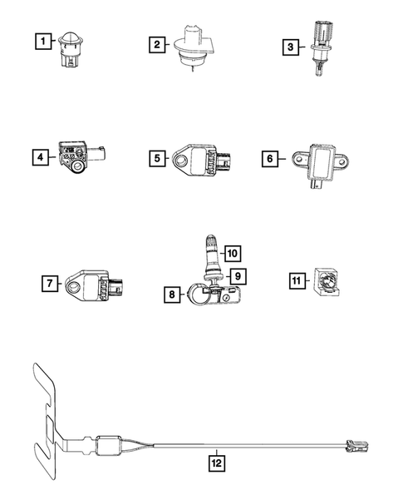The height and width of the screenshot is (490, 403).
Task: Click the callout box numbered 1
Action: click(41, 39)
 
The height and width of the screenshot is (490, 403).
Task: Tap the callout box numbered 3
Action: click(289, 47)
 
